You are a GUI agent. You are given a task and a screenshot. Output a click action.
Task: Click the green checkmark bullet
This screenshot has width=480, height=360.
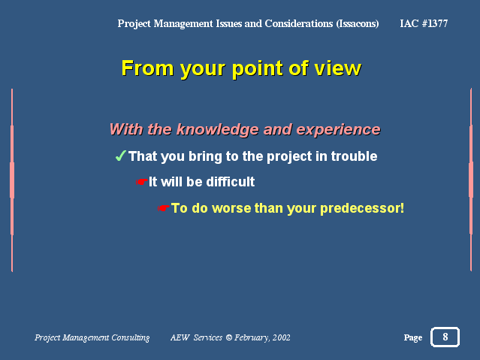(121, 156)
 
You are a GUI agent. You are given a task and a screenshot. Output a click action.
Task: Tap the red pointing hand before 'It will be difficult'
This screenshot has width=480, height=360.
(142, 182)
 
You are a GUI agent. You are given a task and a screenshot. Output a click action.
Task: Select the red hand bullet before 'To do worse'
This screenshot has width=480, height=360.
(164, 208)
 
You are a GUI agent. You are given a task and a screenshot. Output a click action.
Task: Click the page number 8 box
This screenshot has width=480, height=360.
(445, 337)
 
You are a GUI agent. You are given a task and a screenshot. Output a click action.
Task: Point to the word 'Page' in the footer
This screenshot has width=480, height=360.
(413, 337)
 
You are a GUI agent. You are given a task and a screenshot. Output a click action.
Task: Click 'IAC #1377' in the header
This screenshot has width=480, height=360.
(424, 23)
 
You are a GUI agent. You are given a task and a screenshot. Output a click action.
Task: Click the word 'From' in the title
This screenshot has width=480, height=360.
(147, 68)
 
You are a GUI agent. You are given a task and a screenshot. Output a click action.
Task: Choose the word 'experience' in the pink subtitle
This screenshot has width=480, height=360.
(338, 129)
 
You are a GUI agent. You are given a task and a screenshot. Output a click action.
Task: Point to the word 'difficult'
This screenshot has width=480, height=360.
(230, 182)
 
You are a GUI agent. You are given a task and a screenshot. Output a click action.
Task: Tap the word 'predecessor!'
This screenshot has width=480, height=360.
(362, 208)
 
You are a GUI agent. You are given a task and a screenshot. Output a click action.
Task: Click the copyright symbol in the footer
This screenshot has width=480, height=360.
(228, 337)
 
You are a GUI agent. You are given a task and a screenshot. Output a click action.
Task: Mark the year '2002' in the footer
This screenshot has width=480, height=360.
(282, 337)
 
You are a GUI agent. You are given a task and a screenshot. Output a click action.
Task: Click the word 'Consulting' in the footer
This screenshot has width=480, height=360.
(131, 337)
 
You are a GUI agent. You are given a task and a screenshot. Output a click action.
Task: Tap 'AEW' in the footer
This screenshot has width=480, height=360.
(180, 337)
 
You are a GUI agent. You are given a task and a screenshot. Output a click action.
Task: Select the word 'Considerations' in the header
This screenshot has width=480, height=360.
(299, 23)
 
